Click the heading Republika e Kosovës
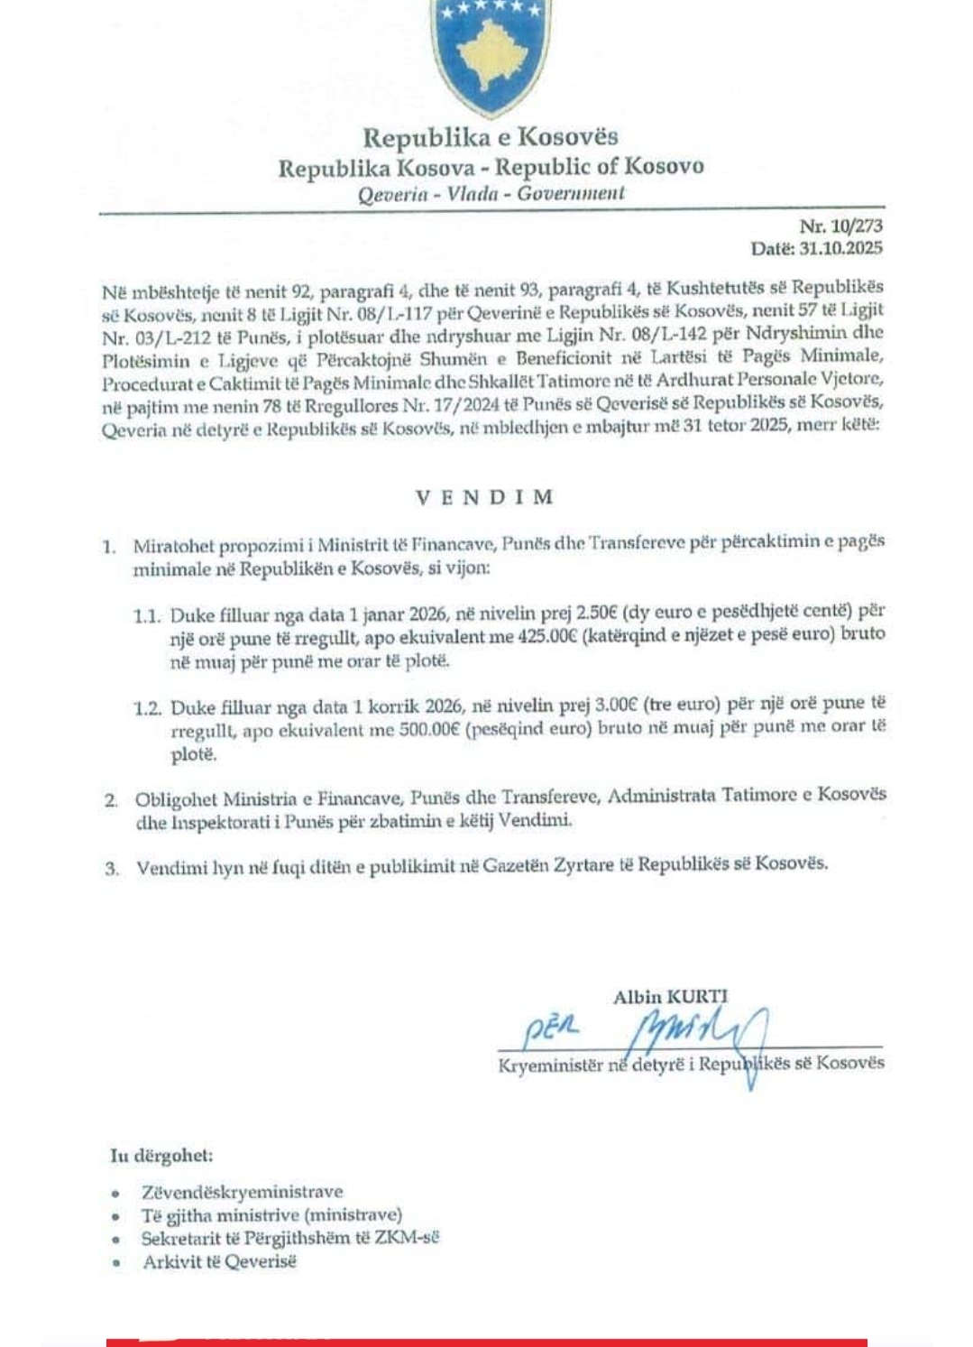[491, 137]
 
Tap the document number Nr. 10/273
[840, 226]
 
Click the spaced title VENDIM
[484, 497]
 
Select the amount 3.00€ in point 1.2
[616, 705]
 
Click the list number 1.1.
[147, 616]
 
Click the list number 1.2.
[147, 708]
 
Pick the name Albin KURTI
[670, 997]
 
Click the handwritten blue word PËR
[551, 1029]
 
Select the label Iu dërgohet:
[162, 1156]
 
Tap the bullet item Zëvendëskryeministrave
[242, 1192]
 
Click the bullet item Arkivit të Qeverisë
[219, 1262]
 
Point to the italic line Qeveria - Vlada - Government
[491, 193]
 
